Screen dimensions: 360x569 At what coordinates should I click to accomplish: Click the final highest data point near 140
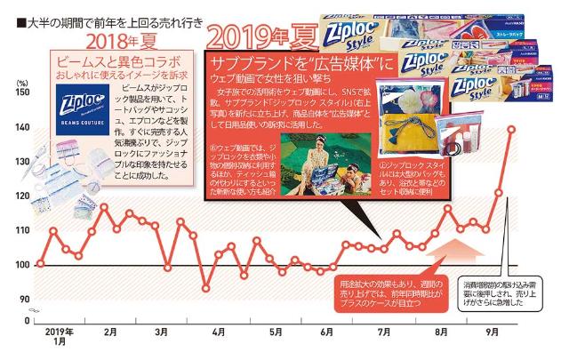pos(511,129)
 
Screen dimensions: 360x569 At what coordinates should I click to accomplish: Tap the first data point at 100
pos(40,264)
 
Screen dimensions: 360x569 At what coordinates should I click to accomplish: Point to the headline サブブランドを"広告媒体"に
pos(298,64)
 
